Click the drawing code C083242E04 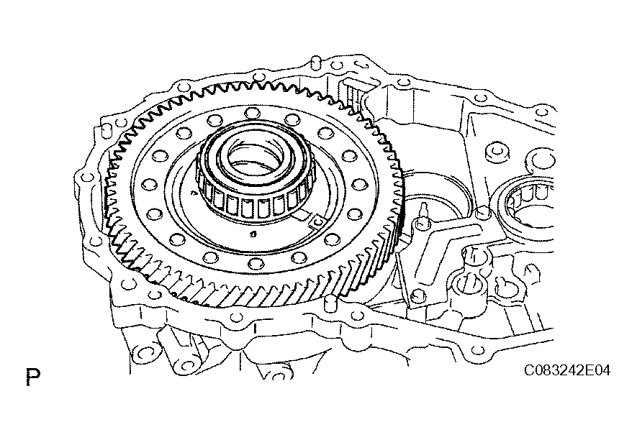click(x=566, y=370)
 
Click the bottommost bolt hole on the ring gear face click(x=256, y=263)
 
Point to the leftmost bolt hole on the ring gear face click(x=149, y=185)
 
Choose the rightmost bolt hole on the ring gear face click(x=359, y=184)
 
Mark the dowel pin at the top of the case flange click(x=315, y=63)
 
